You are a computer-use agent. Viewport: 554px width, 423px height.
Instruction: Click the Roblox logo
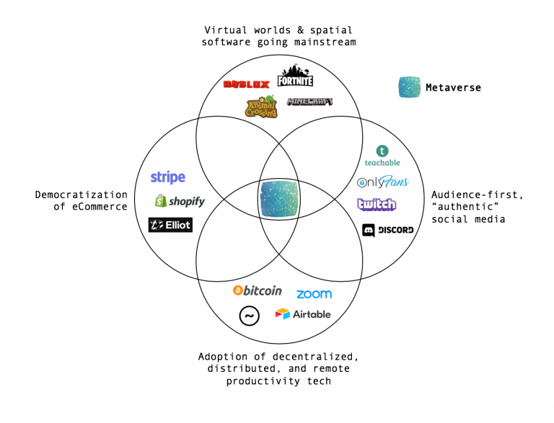246,84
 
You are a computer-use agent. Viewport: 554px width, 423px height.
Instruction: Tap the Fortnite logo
296,76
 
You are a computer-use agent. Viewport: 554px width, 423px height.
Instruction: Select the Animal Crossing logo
261,107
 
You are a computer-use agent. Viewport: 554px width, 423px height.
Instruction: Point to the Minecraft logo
310,102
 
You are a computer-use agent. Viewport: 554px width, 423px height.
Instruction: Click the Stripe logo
168,177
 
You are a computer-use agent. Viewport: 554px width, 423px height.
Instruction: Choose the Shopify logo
179,201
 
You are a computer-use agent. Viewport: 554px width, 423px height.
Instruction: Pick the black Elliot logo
170,225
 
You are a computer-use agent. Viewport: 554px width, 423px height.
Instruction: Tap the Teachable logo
382,156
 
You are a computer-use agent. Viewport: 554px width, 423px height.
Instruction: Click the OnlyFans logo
382,182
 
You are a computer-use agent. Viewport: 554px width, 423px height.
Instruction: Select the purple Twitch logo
377,205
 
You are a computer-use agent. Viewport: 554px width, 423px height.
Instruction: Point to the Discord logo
388,230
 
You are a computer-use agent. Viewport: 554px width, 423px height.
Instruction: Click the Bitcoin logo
257,290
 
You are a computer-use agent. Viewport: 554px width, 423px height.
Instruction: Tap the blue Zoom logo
314,294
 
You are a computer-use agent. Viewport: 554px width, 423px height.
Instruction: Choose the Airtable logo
303,314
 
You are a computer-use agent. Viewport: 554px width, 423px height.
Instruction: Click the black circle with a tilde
249,316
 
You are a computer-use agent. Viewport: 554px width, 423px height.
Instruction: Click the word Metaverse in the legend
453,88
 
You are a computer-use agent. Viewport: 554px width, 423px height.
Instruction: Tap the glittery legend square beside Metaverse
410,87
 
